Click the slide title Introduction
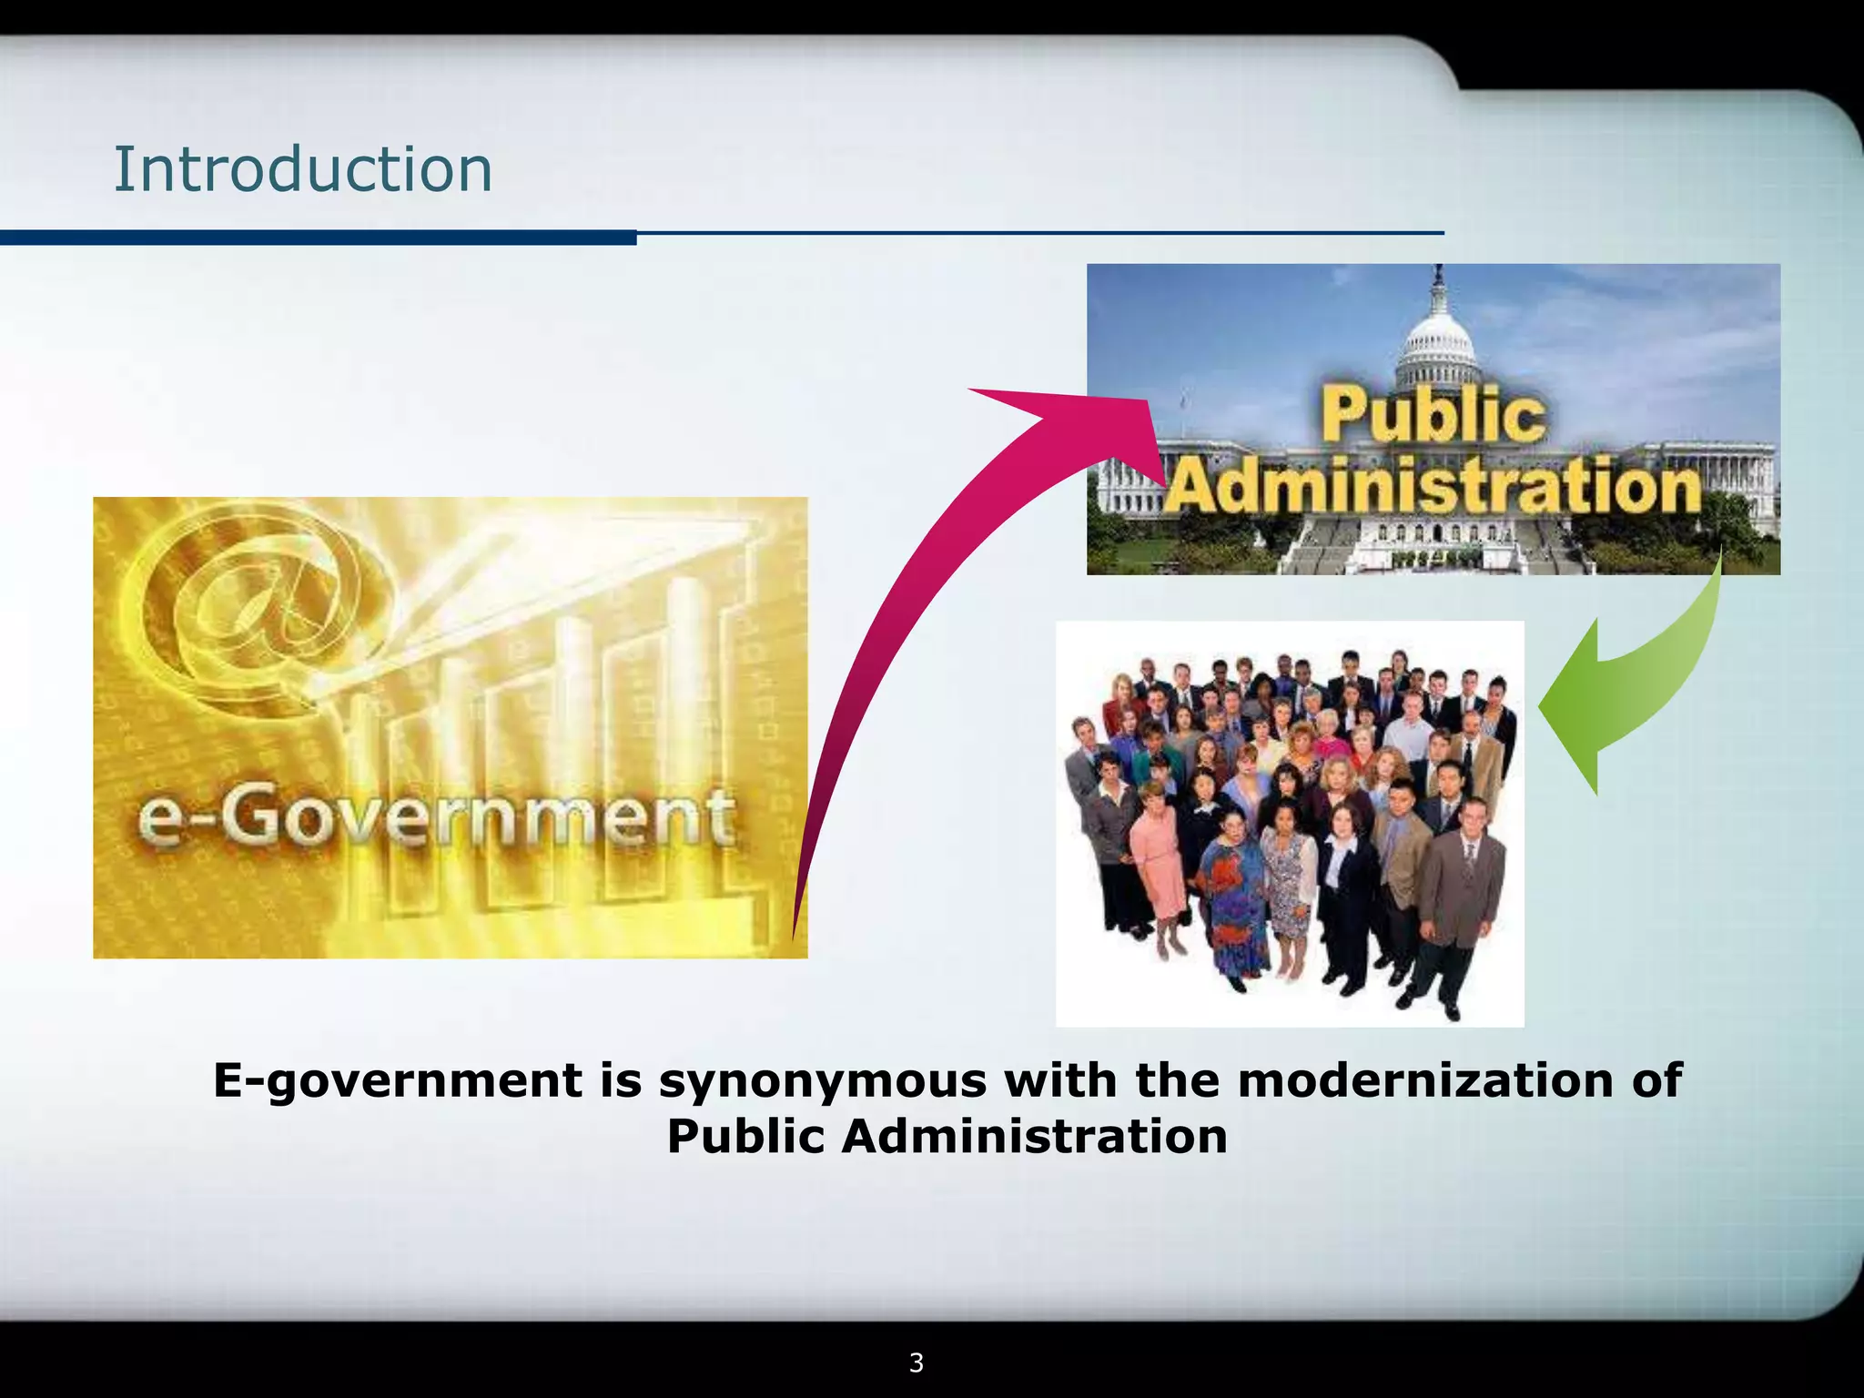[x=302, y=170]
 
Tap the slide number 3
[x=917, y=1363]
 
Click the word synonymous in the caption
[x=823, y=1080]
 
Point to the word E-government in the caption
[x=397, y=1082]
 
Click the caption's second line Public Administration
[x=947, y=1137]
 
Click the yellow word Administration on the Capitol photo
[x=1433, y=487]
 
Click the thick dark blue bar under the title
[x=318, y=238]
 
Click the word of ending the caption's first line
[x=1656, y=1080]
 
